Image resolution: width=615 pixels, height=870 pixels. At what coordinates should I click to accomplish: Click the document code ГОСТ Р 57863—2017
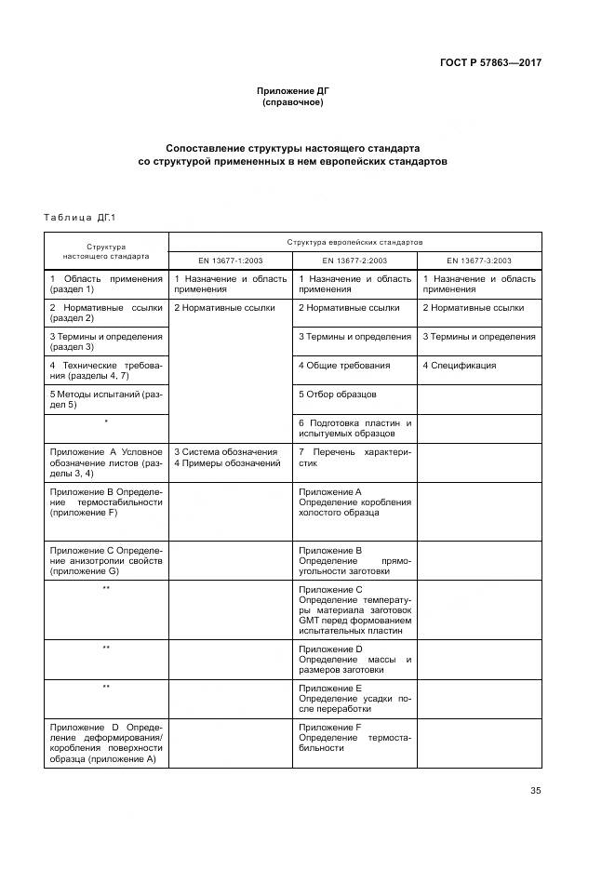click(x=490, y=63)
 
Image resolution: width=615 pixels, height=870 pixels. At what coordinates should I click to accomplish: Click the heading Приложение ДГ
click(x=293, y=90)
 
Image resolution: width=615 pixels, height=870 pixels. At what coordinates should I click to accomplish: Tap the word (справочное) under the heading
click(x=293, y=101)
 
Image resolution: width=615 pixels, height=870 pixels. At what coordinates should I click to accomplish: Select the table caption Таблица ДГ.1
click(x=79, y=218)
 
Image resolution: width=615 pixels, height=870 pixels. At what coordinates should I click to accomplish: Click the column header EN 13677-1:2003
click(x=230, y=261)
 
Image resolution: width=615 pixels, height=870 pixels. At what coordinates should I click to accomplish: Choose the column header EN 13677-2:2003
click(x=354, y=261)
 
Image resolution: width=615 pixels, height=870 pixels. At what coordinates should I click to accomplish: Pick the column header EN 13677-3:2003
click(x=479, y=261)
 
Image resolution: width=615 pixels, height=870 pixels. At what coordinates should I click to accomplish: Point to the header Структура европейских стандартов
click(x=354, y=241)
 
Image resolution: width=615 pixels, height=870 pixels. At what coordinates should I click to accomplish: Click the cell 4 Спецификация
click(x=460, y=366)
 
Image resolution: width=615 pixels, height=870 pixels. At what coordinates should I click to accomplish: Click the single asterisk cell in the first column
click(x=106, y=422)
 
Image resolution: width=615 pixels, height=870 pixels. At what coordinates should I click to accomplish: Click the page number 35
click(x=536, y=791)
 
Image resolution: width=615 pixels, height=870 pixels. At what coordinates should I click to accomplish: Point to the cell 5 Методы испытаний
click(x=106, y=400)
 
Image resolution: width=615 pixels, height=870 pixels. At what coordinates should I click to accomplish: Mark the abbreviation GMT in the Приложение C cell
click(x=310, y=620)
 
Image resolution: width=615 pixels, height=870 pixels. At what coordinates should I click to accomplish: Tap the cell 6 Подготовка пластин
click(x=354, y=428)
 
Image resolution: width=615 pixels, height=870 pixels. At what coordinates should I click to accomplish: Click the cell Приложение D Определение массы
click(x=354, y=659)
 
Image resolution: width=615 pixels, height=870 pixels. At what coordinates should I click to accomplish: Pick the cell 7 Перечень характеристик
click(x=354, y=457)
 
